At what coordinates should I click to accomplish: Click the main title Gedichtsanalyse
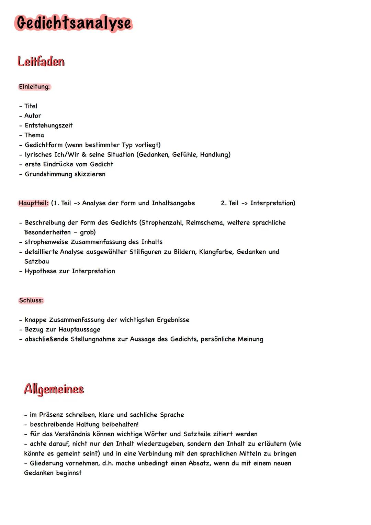(74, 23)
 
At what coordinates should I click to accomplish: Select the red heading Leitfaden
(41, 62)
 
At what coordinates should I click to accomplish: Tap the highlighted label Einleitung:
(34, 87)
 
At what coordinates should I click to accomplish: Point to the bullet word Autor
(33, 116)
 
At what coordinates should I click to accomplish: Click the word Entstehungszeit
(48, 125)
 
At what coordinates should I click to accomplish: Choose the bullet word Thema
(34, 135)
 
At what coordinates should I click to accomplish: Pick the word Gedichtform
(43, 145)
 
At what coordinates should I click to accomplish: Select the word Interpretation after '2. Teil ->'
(272, 203)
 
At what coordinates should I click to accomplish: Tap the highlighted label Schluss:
(31, 300)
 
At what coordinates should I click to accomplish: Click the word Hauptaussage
(79, 329)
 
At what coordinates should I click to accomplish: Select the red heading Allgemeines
(54, 389)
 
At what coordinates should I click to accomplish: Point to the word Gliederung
(47, 463)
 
